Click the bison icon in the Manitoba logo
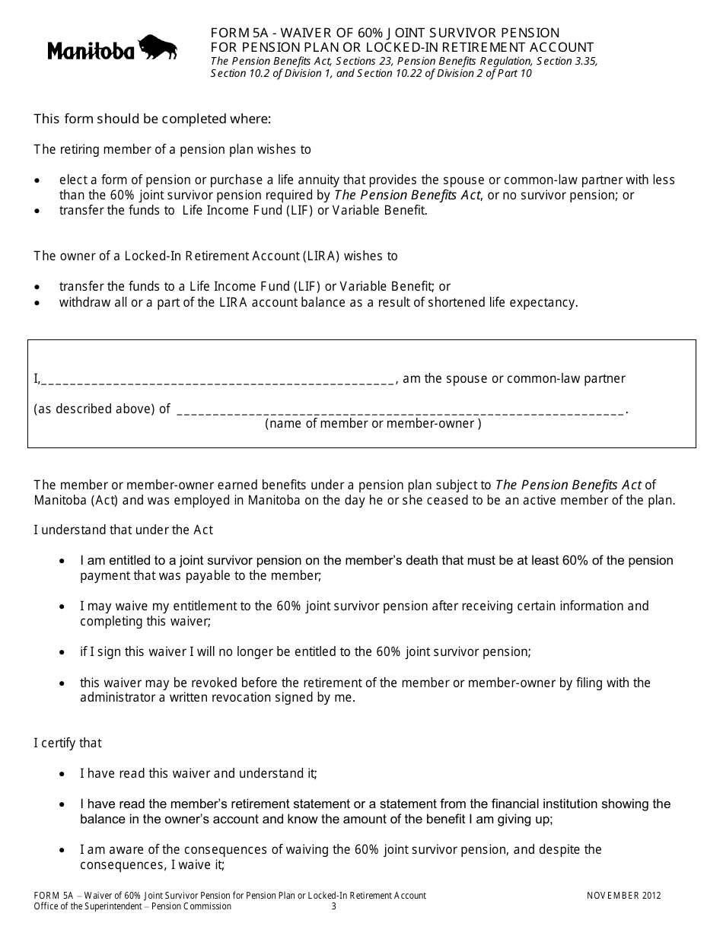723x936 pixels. [158, 46]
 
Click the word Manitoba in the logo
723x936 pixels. [91, 51]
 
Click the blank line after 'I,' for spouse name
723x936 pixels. [217, 380]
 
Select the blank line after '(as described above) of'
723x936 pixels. [400, 411]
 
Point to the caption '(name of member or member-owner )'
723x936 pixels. [373, 424]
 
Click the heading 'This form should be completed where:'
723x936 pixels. [152, 119]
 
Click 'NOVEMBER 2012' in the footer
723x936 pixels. [623, 896]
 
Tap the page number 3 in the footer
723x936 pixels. [333, 906]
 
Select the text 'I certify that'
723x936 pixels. [68, 743]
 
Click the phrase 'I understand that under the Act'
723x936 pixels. [123, 530]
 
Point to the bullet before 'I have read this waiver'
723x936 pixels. [62, 774]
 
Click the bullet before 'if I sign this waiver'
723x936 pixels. [62, 652]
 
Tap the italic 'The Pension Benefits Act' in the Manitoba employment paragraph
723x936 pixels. [569, 485]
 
